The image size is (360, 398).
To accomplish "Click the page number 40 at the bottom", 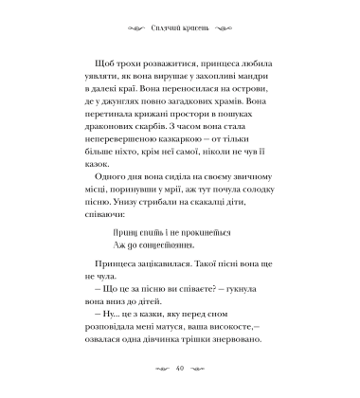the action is tap(180, 369).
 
